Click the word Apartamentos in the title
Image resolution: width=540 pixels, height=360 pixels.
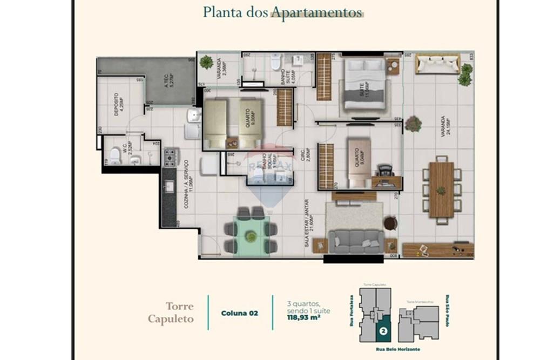[316, 12]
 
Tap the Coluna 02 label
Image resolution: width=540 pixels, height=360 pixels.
[238, 313]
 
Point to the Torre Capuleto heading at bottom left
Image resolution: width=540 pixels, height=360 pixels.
[171, 313]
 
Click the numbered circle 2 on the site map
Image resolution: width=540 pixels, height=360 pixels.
[383, 331]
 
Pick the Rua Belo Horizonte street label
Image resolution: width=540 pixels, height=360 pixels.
[397, 350]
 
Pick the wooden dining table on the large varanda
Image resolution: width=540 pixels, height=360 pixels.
[441, 189]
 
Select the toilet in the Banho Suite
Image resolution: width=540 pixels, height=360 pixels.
[275, 64]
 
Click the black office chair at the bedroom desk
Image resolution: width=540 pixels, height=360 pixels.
[385, 171]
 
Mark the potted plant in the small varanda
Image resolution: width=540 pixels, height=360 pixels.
[206, 62]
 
